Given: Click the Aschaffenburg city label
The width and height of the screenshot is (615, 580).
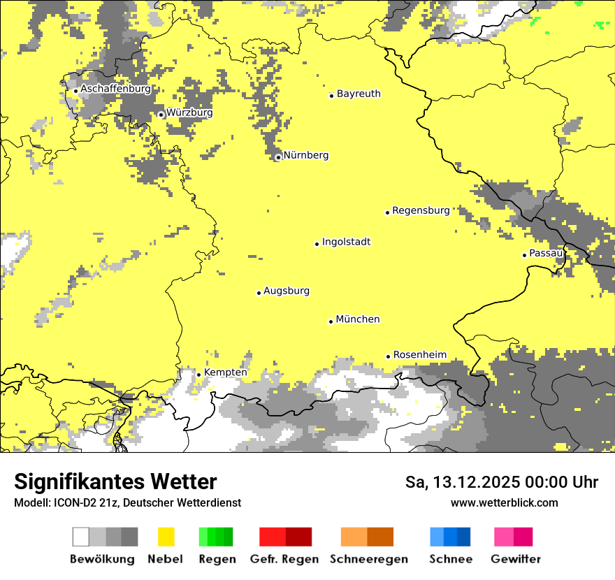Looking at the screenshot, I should click(115, 89).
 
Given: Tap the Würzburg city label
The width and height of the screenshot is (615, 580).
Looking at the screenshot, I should click(189, 113).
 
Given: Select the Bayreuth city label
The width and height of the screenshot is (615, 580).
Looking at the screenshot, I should click(359, 94).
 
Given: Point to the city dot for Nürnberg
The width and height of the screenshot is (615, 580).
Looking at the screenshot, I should click(278, 157).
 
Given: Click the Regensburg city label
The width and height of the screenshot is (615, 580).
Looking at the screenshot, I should click(421, 210).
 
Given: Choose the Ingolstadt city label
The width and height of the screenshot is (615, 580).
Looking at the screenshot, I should click(346, 242).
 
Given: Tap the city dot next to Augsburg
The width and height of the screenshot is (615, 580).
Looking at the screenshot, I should click(259, 293).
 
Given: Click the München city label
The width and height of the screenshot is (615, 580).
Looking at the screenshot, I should click(358, 319).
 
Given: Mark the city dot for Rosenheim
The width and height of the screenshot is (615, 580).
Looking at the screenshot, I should click(388, 356).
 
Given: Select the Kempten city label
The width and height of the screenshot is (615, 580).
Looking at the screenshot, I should click(225, 372).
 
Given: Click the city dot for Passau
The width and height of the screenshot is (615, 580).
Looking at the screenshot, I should click(524, 255).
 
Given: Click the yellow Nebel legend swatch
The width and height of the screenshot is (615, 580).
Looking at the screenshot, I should click(166, 537).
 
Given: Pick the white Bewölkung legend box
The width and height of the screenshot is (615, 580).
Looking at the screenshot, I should click(81, 537).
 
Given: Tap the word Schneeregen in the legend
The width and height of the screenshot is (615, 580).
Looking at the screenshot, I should click(368, 559).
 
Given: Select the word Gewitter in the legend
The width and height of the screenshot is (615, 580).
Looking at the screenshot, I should click(515, 559).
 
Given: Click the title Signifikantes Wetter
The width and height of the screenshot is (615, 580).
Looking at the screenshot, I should click(115, 481).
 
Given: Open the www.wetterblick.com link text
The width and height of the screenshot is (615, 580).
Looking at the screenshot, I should click(504, 502).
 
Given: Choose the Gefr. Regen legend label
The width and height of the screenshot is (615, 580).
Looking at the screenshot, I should click(284, 559).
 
